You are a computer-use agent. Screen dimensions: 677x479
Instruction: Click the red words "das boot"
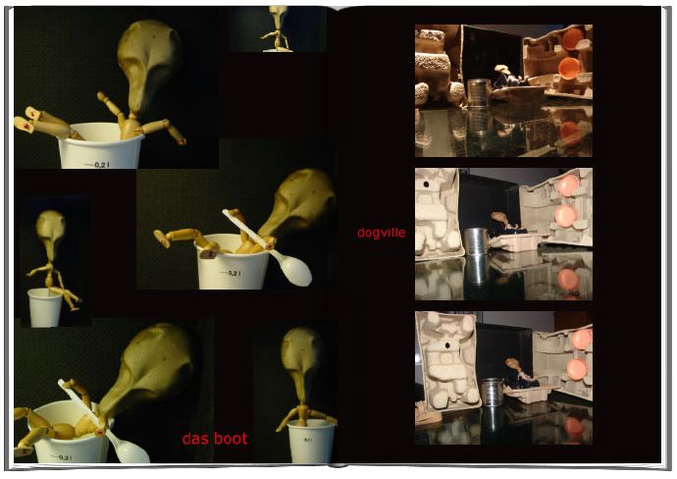[215, 439]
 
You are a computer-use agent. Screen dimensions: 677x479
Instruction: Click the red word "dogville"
[382, 233]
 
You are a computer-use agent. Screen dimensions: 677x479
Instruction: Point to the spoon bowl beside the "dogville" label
[295, 269]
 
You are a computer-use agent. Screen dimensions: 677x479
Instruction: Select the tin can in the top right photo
[479, 92]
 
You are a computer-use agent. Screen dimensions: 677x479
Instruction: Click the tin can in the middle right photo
[475, 241]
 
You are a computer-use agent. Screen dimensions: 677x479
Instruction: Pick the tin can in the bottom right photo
[492, 392]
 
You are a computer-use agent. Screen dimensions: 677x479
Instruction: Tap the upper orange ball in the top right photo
[572, 39]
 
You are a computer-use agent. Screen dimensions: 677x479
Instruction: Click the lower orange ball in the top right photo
[569, 68]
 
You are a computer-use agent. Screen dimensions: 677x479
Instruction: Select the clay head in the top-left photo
[148, 65]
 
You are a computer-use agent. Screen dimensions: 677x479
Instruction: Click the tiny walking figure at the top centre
[278, 28]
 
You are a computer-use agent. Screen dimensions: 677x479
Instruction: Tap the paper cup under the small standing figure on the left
[44, 307]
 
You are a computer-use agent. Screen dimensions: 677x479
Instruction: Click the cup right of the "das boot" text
[311, 442]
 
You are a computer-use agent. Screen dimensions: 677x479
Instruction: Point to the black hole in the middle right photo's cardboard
[427, 185]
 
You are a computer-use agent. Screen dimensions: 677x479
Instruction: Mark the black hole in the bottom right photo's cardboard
[447, 346]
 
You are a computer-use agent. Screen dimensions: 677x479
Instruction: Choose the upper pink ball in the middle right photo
[568, 186]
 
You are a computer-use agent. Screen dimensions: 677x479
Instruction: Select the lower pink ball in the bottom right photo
[577, 369]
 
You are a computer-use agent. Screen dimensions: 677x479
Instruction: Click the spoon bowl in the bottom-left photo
[128, 450]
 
